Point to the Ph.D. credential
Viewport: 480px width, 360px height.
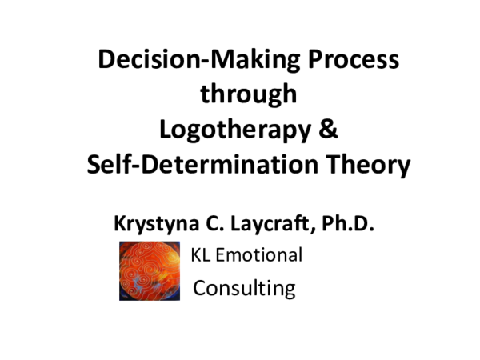click(x=348, y=225)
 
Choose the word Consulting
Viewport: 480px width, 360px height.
click(x=245, y=287)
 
